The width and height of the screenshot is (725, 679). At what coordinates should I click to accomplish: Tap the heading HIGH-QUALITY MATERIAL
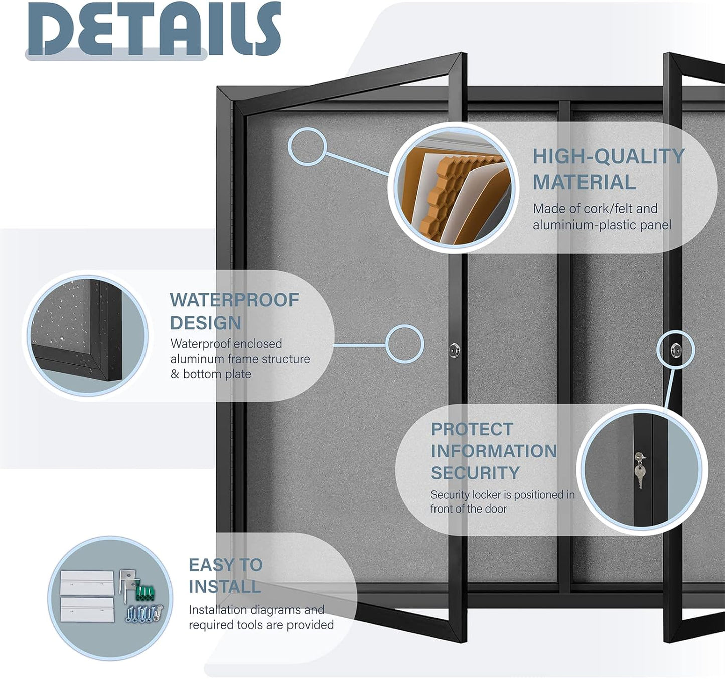(608, 169)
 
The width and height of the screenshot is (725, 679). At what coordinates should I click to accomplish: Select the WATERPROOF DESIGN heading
(234, 311)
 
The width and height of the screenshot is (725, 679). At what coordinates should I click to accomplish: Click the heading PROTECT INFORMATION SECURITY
(493, 451)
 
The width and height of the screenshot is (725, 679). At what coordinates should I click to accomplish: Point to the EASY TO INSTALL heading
(225, 575)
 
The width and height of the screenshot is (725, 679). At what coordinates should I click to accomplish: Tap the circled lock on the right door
(676, 350)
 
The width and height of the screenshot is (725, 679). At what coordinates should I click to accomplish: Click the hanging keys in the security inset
(639, 471)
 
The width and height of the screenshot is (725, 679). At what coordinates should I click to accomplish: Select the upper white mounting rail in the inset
(87, 583)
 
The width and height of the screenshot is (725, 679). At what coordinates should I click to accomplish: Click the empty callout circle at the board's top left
(308, 147)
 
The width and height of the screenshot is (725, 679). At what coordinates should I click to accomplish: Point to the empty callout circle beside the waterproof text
(404, 344)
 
